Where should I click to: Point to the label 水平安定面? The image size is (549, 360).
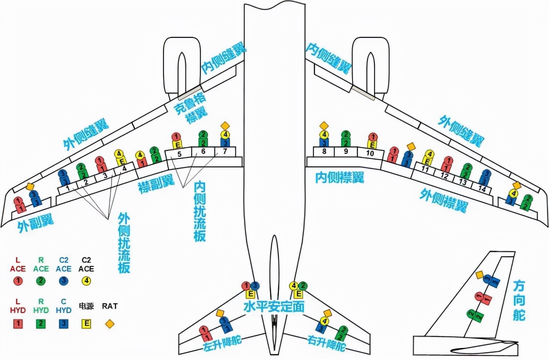274,306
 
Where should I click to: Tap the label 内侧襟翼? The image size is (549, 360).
340,177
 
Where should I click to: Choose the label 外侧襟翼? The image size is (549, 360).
443,201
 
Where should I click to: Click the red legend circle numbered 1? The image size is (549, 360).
18,281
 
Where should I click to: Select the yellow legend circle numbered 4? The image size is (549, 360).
86,281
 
